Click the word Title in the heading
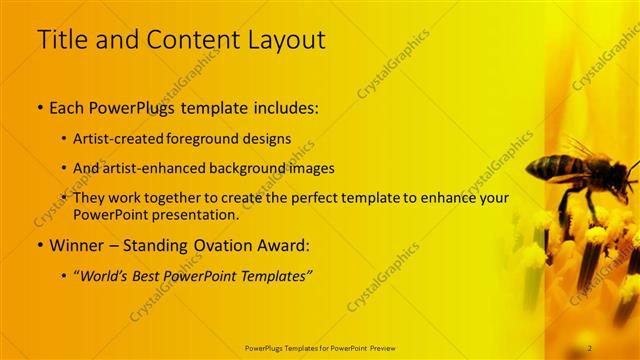click(61, 40)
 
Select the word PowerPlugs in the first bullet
click(133, 105)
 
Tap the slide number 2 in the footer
click(589, 347)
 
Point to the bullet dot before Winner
click(40, 245)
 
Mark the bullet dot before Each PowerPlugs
click(40, 106)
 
